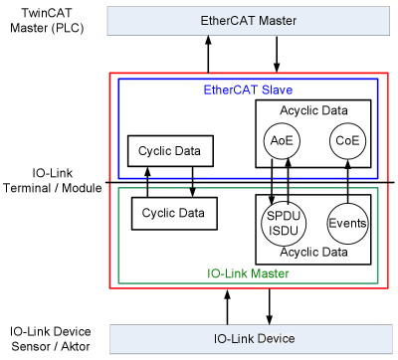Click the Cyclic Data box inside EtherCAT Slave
[x=170, y=152]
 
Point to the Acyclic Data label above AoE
[x=313, y=111]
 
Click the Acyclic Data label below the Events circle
[x=313, y=253]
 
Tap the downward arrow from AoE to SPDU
[x=273, y=183]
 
